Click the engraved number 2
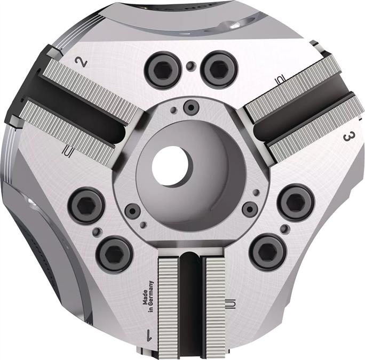[82, 61]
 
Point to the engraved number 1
[147, 335]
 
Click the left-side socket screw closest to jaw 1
[114, 252]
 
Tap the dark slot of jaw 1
[191, 299]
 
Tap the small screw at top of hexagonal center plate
[188, 107]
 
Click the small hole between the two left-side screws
[96, 231]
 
